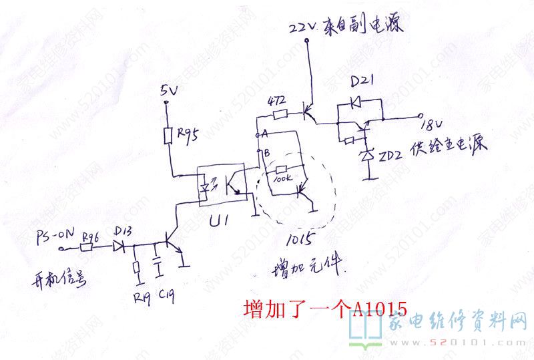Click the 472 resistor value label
(x=276, y=102)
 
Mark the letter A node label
(x=266, y=134)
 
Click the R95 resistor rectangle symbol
(x=169, y=136)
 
